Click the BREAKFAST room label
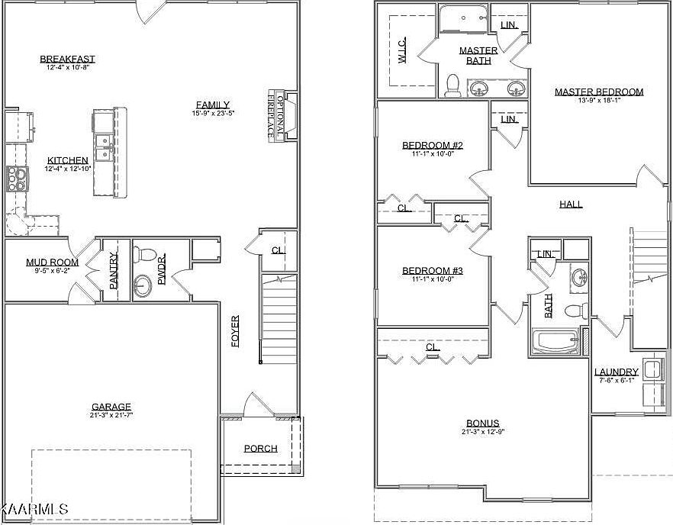[x=67, y=59]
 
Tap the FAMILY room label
[x=213, y=105]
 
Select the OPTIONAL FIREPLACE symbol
[x=276, y=115]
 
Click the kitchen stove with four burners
[x=17, y=178]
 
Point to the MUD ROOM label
[x=52, y=262]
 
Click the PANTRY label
[x=114, y=270]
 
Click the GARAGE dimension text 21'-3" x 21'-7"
[x=111, y=416]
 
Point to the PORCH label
[x=260, y=448]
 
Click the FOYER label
[x=235, y=331]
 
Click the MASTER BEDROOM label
[x=598, y=92]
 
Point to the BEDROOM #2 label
[x=433, y=145]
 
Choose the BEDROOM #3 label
[x=433, y=270]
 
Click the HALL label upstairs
[x=571, y=204]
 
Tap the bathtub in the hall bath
[x=555, y=341]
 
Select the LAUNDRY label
[x=616, y=372]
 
